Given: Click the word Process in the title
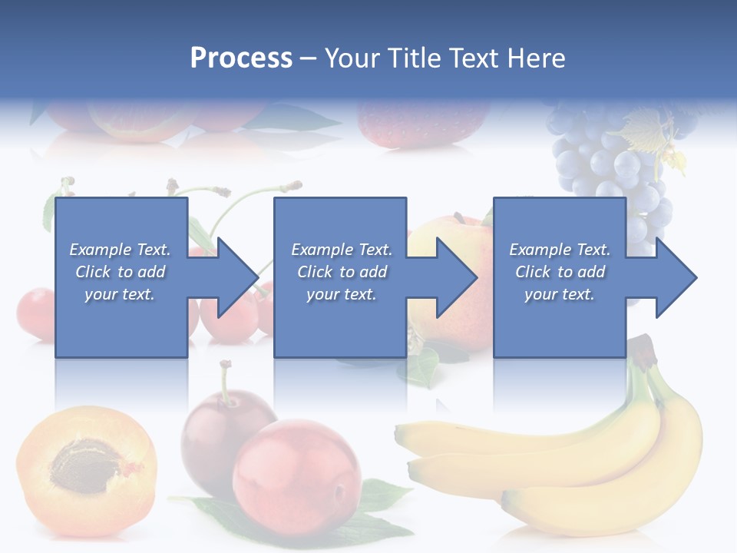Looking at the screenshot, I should [241, 58].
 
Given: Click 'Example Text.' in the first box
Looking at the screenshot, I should [121, 250].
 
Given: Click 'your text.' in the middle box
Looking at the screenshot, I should [341, 294].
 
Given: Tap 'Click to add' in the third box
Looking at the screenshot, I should [560, 272].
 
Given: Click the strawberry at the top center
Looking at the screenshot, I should [422, 123].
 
